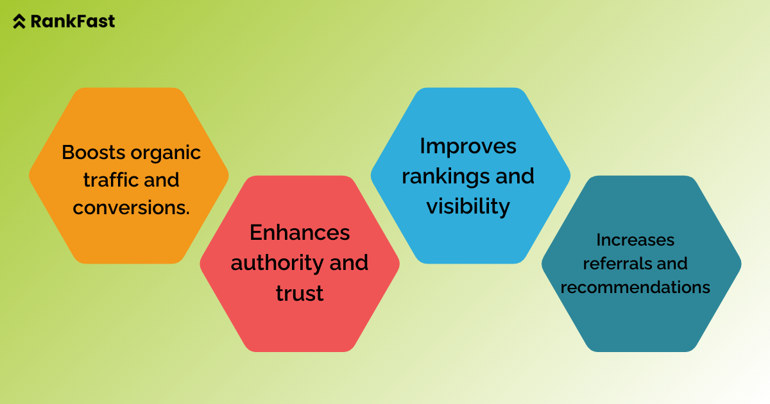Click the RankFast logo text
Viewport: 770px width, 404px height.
pos(73,21)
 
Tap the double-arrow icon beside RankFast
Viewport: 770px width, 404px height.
pos(20,22)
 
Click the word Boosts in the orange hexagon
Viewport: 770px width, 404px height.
pos(94,153)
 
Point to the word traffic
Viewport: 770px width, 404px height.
pos(111,180)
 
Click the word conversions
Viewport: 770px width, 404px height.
pos(130,208)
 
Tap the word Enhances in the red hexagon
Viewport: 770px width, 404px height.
pos(300,232)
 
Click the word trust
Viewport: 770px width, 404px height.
pos(300,293)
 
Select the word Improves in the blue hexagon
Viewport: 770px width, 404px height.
pos(468,146)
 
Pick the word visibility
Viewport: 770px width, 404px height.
pos(468,206)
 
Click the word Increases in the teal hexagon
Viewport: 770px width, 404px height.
pos(635,240)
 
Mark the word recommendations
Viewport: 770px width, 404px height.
pos(635,287)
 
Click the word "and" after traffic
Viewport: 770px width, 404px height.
pos(162,180)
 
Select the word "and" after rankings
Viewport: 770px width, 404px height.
pos(517,176)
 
